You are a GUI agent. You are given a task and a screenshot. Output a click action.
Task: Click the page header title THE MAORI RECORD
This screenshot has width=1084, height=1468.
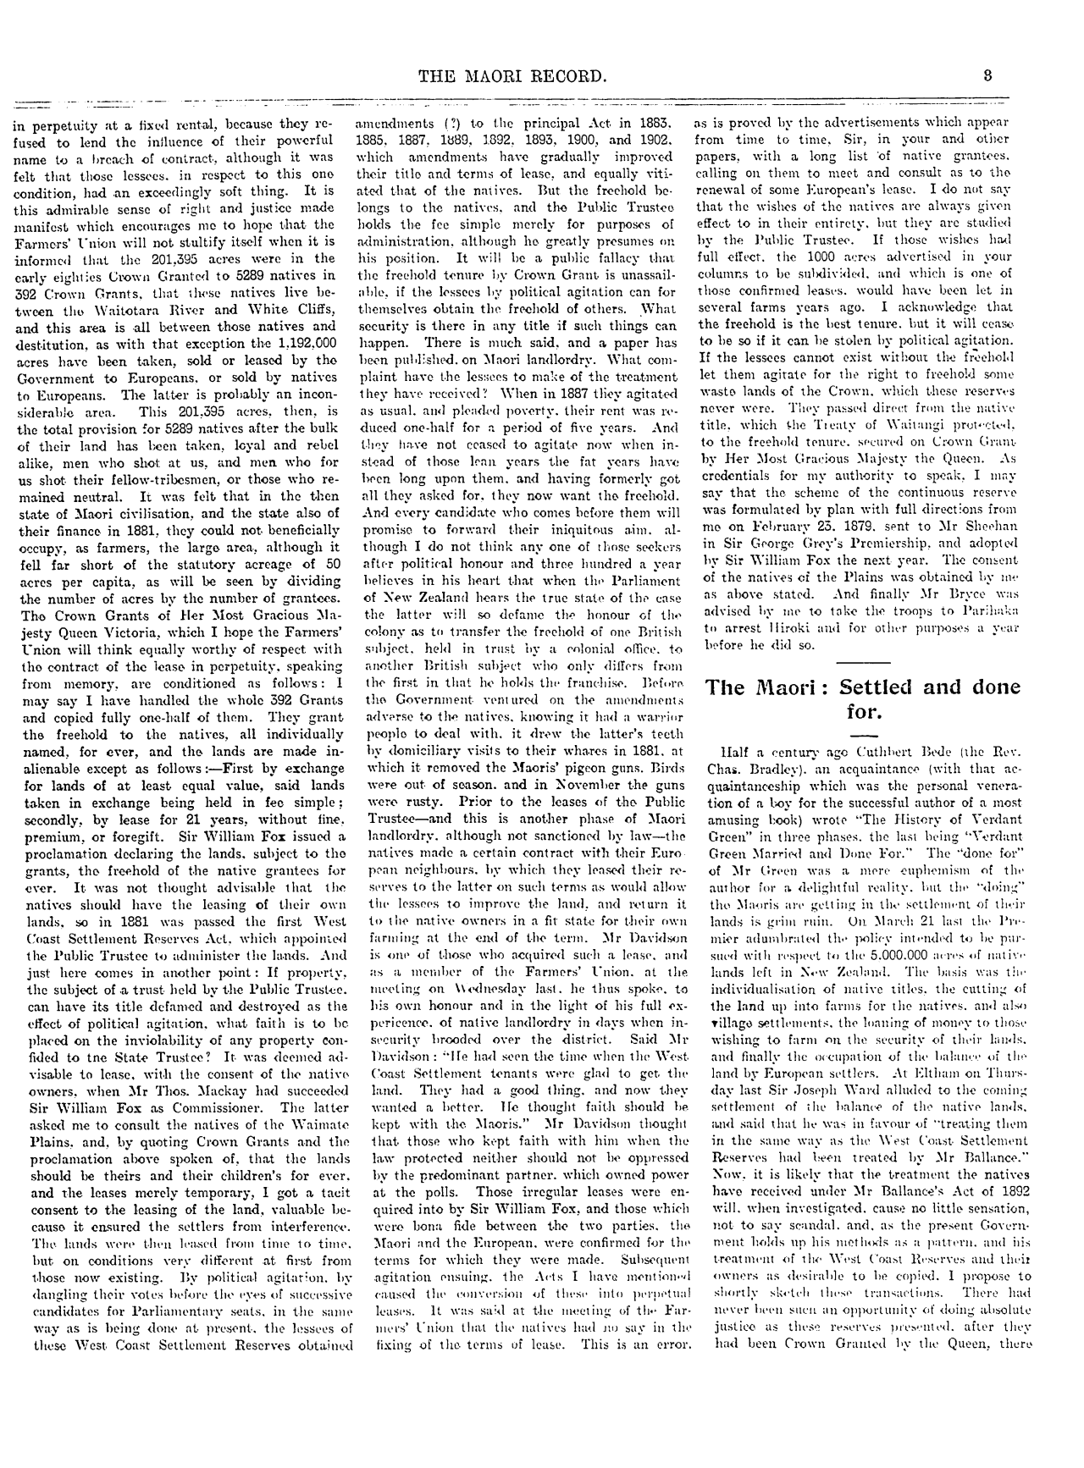[512, 77]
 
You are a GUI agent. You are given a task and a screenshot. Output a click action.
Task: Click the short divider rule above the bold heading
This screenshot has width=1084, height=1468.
[865, 659]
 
